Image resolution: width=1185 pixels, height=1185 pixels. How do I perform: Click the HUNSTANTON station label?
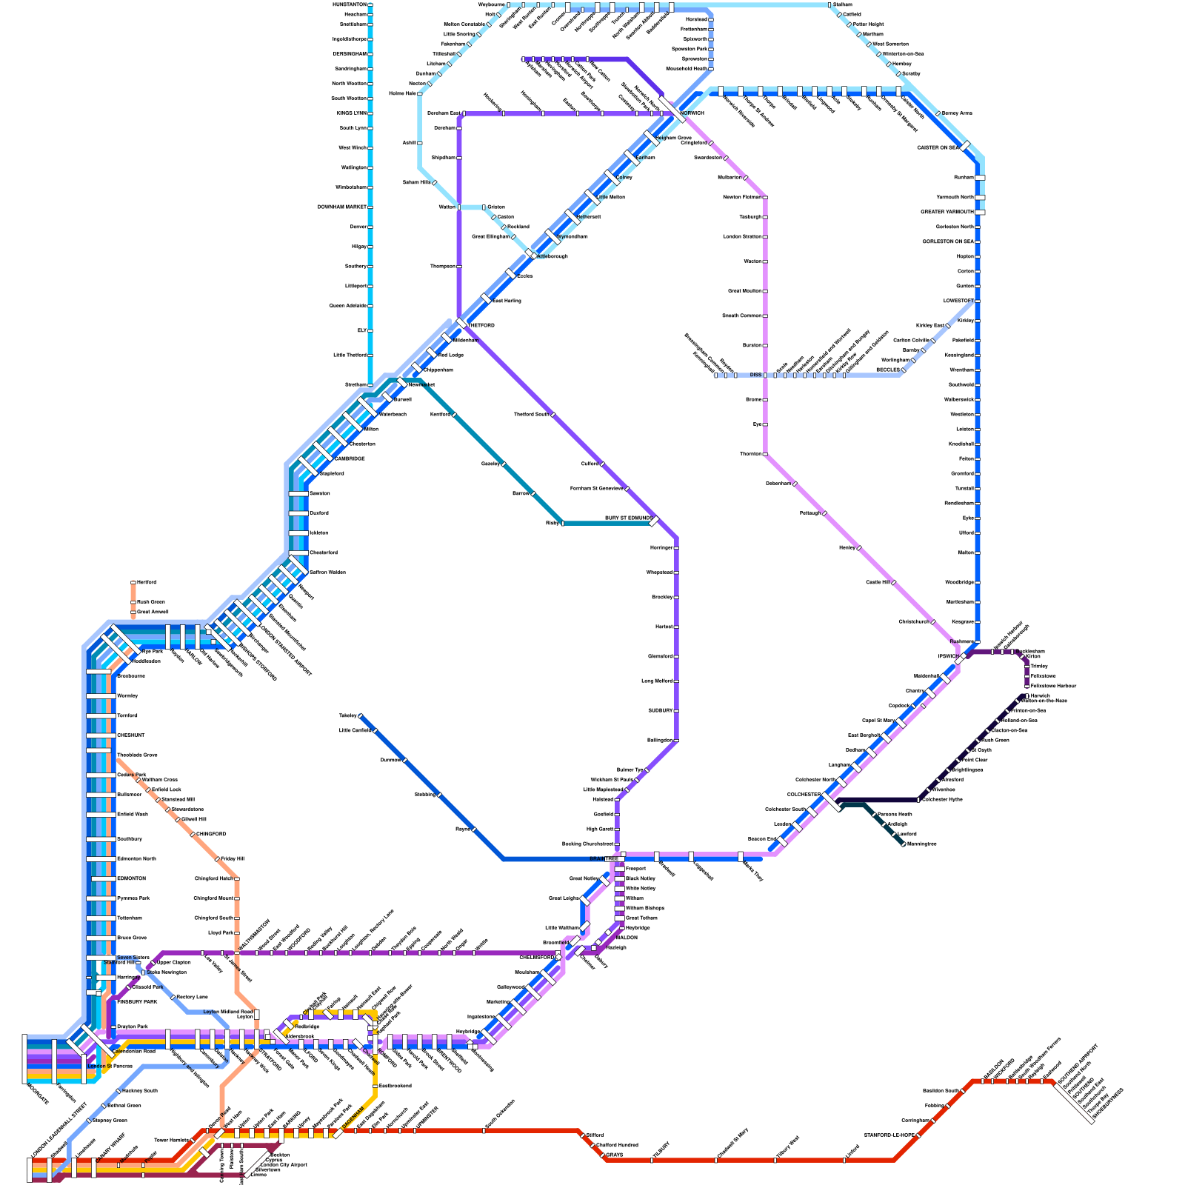(x=350, y=4)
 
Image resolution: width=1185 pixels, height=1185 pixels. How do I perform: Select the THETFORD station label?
(x=481, y=325)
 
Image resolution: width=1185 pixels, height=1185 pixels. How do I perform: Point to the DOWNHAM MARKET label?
(x=342, y=207)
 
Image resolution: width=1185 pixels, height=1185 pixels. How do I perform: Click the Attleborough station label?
(x=553, y=256)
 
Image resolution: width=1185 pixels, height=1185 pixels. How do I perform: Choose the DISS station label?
(x=755, y=375)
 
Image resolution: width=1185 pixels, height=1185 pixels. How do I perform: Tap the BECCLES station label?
(x=887, y=370)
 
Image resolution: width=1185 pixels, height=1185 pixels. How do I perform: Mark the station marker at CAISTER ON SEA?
(x=967, y=147)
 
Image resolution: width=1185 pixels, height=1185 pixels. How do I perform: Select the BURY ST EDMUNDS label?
(x=628, y=518)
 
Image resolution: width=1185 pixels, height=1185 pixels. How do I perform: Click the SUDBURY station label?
(x=660, y=710)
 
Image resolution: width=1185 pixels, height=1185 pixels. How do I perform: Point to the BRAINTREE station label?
(x=604, y=858)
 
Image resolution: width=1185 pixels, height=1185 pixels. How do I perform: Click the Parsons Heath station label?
(x=895, y=814)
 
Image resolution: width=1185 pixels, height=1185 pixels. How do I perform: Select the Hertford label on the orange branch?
(x=146, y=582)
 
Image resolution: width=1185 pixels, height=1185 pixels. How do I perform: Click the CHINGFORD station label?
(x=211, y=834)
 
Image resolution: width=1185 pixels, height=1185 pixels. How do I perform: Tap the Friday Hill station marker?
(x=218, y=859)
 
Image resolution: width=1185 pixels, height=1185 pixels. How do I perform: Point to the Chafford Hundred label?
(x=617, y=1145)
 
